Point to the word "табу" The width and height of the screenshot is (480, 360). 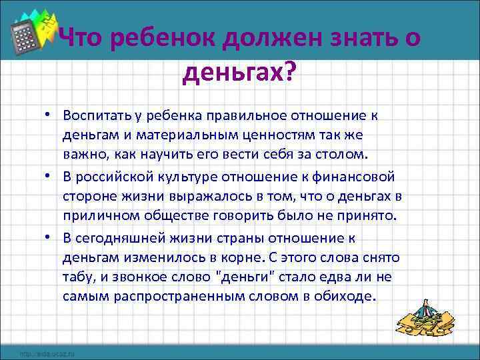click(x=77, y=277)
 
